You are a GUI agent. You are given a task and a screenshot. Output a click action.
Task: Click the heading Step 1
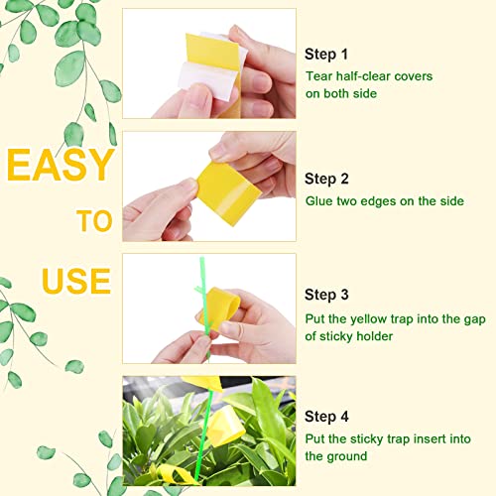coord(326,55)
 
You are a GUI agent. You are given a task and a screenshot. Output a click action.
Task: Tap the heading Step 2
coord(326,179)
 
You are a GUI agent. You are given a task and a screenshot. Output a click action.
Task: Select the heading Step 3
coord(326,295)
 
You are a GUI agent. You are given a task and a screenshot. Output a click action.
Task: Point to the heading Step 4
coord(326,417)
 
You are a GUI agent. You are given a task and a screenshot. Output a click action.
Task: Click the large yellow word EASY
coord(61,165)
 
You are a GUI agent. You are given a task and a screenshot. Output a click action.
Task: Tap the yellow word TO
coord(94,221)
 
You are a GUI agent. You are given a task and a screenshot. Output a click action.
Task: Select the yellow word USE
coord(76,281)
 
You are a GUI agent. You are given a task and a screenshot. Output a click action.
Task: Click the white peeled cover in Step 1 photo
coord(209,79)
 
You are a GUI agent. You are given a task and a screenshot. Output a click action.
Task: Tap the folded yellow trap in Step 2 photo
coord(227,193)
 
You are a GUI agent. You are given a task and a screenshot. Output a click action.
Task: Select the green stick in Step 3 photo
coord(205,310)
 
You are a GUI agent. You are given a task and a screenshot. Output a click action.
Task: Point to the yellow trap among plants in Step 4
coord(226,426)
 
